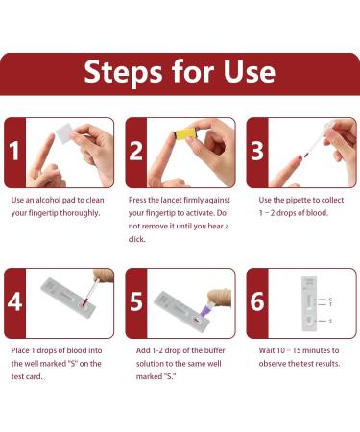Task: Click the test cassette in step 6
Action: (x=307, y=301)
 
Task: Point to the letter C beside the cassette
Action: (x=330, y=300)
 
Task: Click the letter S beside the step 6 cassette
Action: (x=330, y=320)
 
